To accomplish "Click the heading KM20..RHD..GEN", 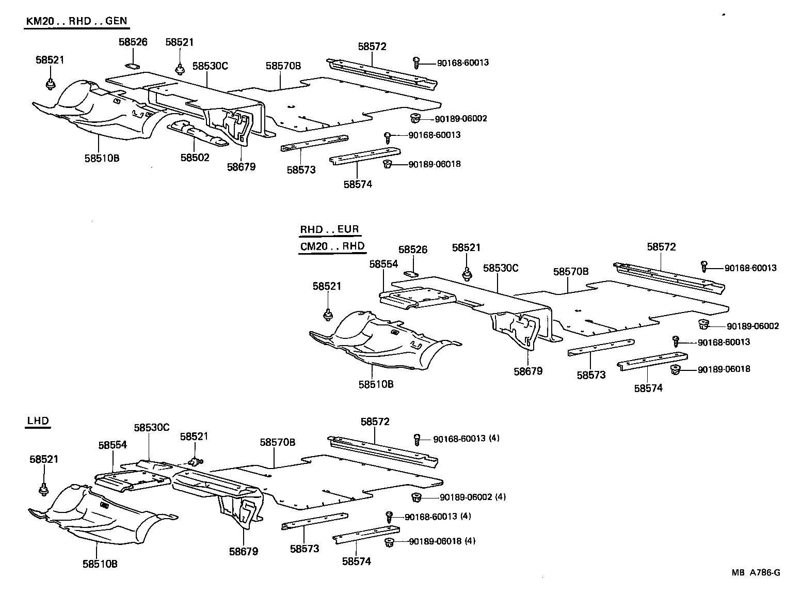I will point(76,21).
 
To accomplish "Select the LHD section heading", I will point(38,421).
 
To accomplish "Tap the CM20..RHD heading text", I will point(332,246).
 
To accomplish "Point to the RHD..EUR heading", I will point(329,229).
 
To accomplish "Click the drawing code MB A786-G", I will point(755,572).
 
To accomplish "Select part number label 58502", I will point(195,158).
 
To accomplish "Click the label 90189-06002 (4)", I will point(472,497).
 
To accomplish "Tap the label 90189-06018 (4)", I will point(442,541).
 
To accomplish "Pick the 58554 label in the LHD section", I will point(113,445).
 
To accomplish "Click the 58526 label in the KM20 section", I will point(133,42).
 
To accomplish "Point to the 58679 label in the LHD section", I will point(244,551).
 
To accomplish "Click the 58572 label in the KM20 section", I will point(372,46).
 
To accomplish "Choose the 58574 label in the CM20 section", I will point(648,388).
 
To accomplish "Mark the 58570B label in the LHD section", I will point(278,442).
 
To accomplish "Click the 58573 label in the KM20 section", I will point(301,169).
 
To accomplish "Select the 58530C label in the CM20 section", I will point(501,268).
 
